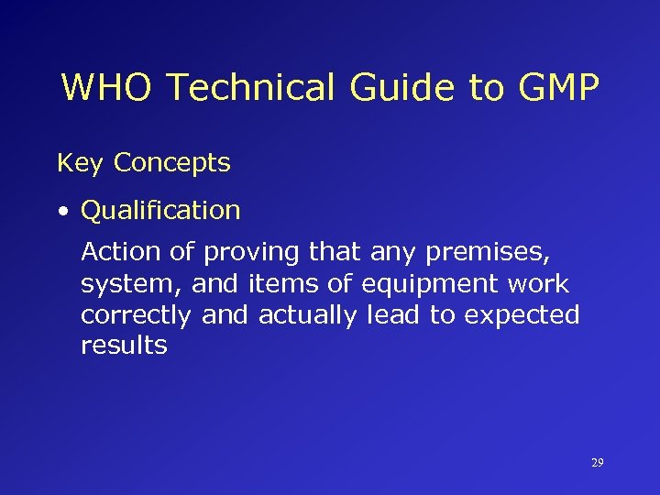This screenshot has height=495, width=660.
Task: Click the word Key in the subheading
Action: click(80, 164)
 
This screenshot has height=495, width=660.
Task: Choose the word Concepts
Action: click(172, 164)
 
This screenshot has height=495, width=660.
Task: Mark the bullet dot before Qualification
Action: click(62, 212)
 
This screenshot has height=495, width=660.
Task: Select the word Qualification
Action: click(160, 211)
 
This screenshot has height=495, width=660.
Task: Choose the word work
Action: click(536, 284)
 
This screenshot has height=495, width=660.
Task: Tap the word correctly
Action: click(137, 316)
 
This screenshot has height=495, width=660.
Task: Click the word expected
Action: click(522, 316)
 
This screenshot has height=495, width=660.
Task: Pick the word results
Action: click(124, 346)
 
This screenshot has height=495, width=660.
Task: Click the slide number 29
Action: click(597, 463)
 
